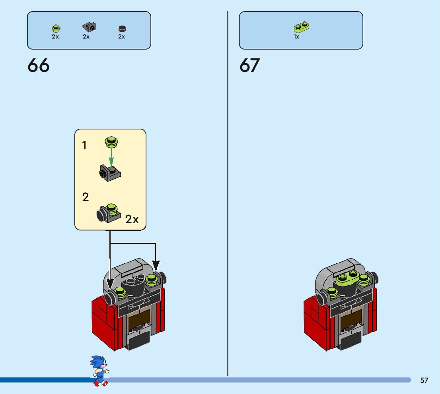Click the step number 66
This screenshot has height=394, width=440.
coord(39,66)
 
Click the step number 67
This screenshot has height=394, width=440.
coord(249,66)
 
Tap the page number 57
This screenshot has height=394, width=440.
coord(424,380)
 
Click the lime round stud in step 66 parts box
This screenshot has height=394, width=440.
coord(56,28)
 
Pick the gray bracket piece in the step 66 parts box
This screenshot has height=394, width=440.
coord(90,27)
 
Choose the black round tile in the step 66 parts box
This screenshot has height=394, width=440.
coord(122,29)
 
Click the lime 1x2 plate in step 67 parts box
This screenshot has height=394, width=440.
coord(301,27)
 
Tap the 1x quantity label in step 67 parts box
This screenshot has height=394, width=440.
coord(296,37)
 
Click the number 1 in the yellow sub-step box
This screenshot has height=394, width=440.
coord(84,146)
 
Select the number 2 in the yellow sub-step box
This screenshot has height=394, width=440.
coord(85,197)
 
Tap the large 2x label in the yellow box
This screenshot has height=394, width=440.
coord(132,219)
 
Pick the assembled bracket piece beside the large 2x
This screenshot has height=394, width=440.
coord(108,213)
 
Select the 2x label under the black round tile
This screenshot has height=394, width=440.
coord(121,37)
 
